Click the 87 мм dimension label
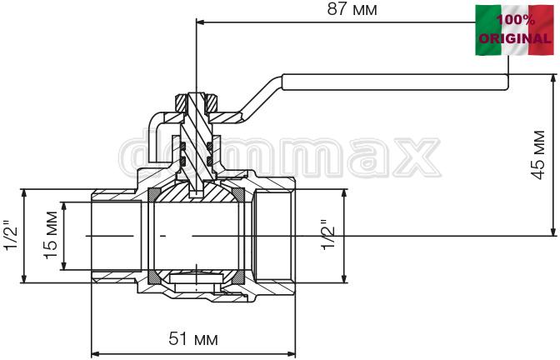point(352,9)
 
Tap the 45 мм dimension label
point(538,155)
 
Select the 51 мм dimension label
point(193,338)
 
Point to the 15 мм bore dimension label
point(50,235)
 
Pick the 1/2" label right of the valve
point(327,235)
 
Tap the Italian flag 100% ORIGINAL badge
point(514,30)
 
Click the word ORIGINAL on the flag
point(515,38)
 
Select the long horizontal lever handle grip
point(395,82)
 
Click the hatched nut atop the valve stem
point(196,102)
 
